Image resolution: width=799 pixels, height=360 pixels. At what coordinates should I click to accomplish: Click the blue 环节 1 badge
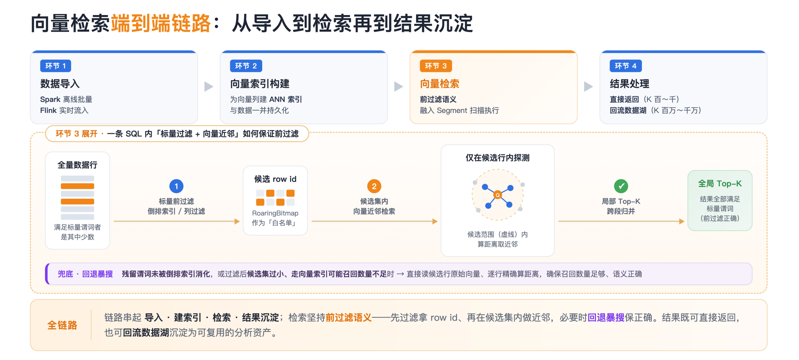[55, 66]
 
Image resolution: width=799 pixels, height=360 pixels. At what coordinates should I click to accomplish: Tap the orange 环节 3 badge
[435, 66]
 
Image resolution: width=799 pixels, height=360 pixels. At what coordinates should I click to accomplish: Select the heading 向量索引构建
[260, 84]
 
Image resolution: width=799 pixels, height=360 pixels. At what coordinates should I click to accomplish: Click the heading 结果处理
[629, 84]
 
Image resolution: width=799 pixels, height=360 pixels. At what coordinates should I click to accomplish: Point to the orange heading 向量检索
[440, 84]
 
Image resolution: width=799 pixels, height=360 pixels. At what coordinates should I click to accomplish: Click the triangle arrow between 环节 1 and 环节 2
[209, 86]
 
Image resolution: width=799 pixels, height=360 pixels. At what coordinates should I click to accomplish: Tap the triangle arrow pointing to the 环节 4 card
[588, 86]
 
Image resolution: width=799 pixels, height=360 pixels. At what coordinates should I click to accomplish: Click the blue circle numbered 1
[176, 186]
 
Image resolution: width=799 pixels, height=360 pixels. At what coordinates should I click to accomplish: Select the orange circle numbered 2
[374, 186]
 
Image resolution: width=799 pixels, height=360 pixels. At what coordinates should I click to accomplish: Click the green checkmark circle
[621, 186]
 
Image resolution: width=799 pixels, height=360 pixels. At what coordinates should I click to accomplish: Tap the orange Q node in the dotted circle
[498, 195]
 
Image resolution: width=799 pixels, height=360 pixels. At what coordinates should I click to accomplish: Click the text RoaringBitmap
[275, 213]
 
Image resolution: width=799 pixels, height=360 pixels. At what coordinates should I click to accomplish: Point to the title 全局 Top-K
[720, 183]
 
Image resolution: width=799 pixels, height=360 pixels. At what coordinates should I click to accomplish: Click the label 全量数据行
[77, 165]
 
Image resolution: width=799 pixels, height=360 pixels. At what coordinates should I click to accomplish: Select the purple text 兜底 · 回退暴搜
[85, 274]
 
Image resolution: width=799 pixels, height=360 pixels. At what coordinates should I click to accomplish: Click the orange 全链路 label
[62, 325]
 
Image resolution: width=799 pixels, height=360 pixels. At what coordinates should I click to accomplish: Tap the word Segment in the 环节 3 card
[452, 111]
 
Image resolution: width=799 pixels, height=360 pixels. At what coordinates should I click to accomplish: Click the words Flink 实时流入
[64, 110]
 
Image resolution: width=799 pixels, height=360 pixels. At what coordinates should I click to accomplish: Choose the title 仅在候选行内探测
[498, 158]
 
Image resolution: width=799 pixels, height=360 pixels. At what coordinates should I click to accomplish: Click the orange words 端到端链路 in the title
[160, 24]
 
